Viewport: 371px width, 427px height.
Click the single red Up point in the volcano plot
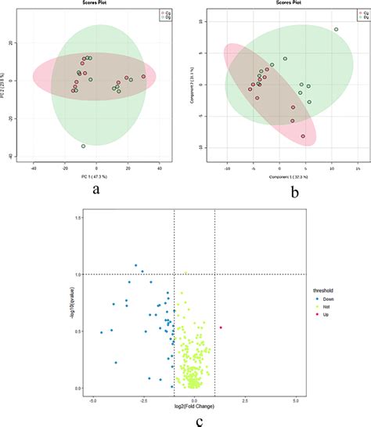point(221,327)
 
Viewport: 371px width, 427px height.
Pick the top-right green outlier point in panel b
point(337,30)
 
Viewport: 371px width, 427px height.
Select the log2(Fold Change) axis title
point(194,411)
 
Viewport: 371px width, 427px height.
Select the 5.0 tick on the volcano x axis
point(295,400)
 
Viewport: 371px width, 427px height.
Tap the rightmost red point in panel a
point(143,77)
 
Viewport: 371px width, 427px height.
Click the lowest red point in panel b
point(303,136)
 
